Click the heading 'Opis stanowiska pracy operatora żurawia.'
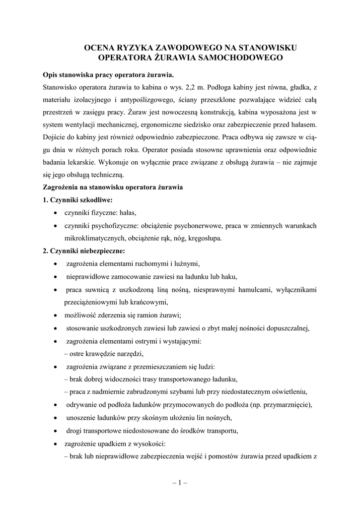point(109,75)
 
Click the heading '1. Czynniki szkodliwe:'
point(78,200)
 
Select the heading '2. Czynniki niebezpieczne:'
point(84,251)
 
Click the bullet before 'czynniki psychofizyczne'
point(55,226)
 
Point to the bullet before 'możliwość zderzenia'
point(55,315)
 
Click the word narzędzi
point(130,353)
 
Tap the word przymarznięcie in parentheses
point(286,404)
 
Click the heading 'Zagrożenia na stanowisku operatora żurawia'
point(113,188)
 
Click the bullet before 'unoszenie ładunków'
point(55,417)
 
